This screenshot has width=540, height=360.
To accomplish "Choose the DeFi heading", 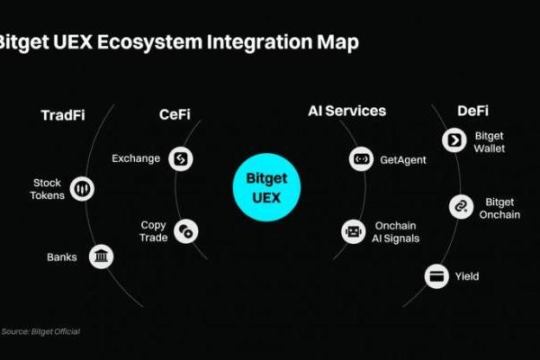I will (x=472, y=111).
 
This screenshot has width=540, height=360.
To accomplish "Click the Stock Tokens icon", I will (x=83, y=188).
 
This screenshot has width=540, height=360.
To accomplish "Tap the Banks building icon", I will (x=102, y=257).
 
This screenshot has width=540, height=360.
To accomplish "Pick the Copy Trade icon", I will (x=186, y=231).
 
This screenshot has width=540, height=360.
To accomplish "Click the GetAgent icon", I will (x=360, y=159).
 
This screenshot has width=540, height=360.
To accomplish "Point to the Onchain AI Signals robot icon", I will (x=353, y=231).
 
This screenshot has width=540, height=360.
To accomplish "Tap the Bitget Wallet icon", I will (x=452, y=139).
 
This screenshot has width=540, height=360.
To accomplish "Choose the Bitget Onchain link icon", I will (x=461, y=207).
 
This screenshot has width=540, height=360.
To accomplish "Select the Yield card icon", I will (x=438, y=275).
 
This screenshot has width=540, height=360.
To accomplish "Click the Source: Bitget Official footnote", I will (x=40, y=332).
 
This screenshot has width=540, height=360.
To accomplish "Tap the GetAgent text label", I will (x=402, y=159).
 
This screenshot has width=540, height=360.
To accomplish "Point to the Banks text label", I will (x=62, y=257).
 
